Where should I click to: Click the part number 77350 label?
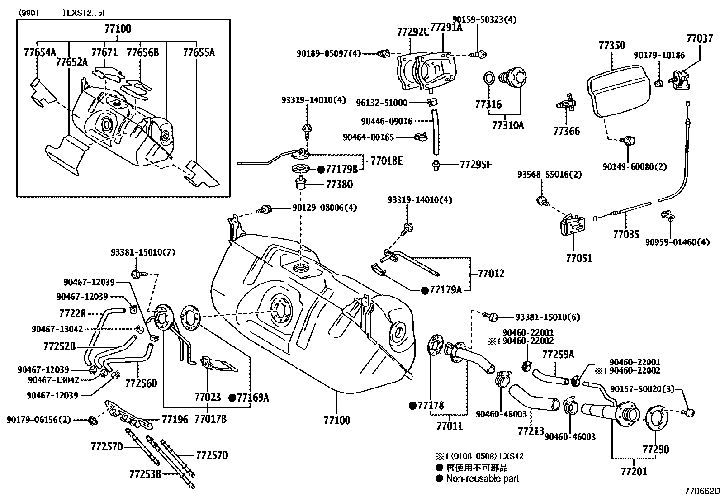pyautogui.click(x=611, y=46)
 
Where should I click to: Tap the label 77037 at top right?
pyautogui.click(x=699, y=38)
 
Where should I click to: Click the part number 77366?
pyautogui.click(x=566, y=131)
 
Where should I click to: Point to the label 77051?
pyautogui.click(x=579, y=258)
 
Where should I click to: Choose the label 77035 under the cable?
pyautogui.click(x=626, y=234)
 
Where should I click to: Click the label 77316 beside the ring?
pyautogui.click(x=488, y=104)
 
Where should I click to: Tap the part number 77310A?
pyautogui.click(x=507, y=125)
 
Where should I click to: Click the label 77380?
pyautogui.click(x=339, y=185)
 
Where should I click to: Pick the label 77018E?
pyautogui.click(x=386, y=161)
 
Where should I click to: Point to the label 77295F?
pyautogui.click(x=475, y=165)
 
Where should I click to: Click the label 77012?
pyautogui.click(x=491, y=273)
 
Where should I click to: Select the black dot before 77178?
pyautogui.click(x=412, y=406)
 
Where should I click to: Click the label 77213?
pyautogui.click(x=531, y=431)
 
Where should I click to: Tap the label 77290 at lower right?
pyautogui.click(x=655, y=449)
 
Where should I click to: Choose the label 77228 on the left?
pyautogui.click(x=72, y=313)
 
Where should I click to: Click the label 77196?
pyautogui.click(x=175, y=419)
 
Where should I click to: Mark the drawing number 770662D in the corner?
pyautogui.click(x=701, y=491)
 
